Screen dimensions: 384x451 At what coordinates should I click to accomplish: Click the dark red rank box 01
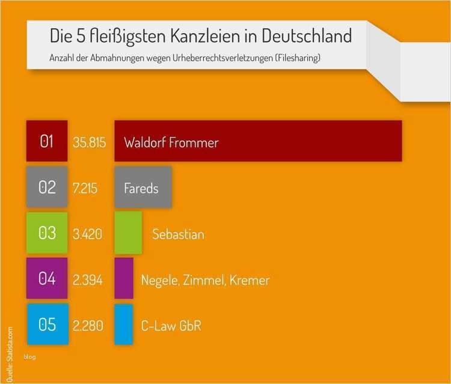(x=47, y=141)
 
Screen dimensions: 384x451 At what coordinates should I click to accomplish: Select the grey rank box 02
(x=47, y=187)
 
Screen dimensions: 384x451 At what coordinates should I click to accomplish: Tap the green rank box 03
(x=47, y=233)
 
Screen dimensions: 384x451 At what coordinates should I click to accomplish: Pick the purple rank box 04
(x=47, y=279)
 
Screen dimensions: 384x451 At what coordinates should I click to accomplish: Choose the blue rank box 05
(x=47, y=325)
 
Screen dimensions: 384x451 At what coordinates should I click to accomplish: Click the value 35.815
(x=89, y=142)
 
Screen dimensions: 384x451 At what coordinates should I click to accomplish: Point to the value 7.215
(x=85, y=188)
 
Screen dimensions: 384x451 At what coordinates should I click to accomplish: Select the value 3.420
(x=87, y=234)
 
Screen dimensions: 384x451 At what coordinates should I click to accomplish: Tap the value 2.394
(x=87, y=280)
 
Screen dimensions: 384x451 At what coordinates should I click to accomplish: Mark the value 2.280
(x=88, y=326)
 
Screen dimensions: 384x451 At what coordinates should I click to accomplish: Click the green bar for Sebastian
(x=128, y=233)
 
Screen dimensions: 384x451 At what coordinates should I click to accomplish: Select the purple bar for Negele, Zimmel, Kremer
(x=123, y=278)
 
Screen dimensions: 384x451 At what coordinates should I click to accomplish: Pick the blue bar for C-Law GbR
(x=123, y=325)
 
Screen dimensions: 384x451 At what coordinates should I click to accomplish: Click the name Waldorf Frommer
(x=171, y=142)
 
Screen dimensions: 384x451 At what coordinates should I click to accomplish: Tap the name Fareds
(x=141, y=188)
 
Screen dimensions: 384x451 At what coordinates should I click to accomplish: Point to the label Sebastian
(x=178, y=234)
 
